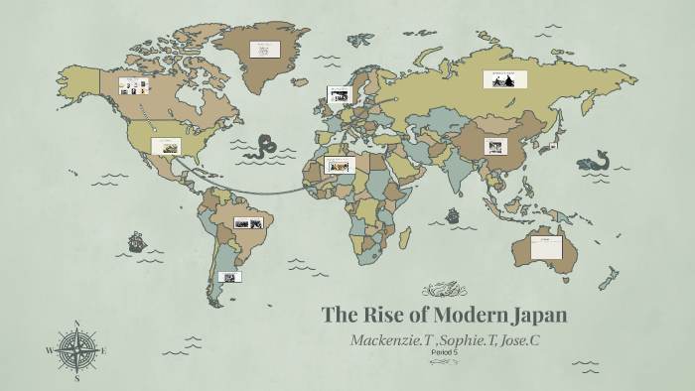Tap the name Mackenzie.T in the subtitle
[390, 339]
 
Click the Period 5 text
[445, 352]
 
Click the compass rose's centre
[76, 350]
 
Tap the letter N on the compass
[76, 324]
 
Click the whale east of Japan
[594, 159]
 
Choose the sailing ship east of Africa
[453, 214]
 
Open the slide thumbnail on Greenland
[264, 49]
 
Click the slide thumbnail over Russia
[503, 80]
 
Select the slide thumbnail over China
[496, 146]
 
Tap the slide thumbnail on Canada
[132, 85]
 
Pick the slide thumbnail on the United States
[166, 145]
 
